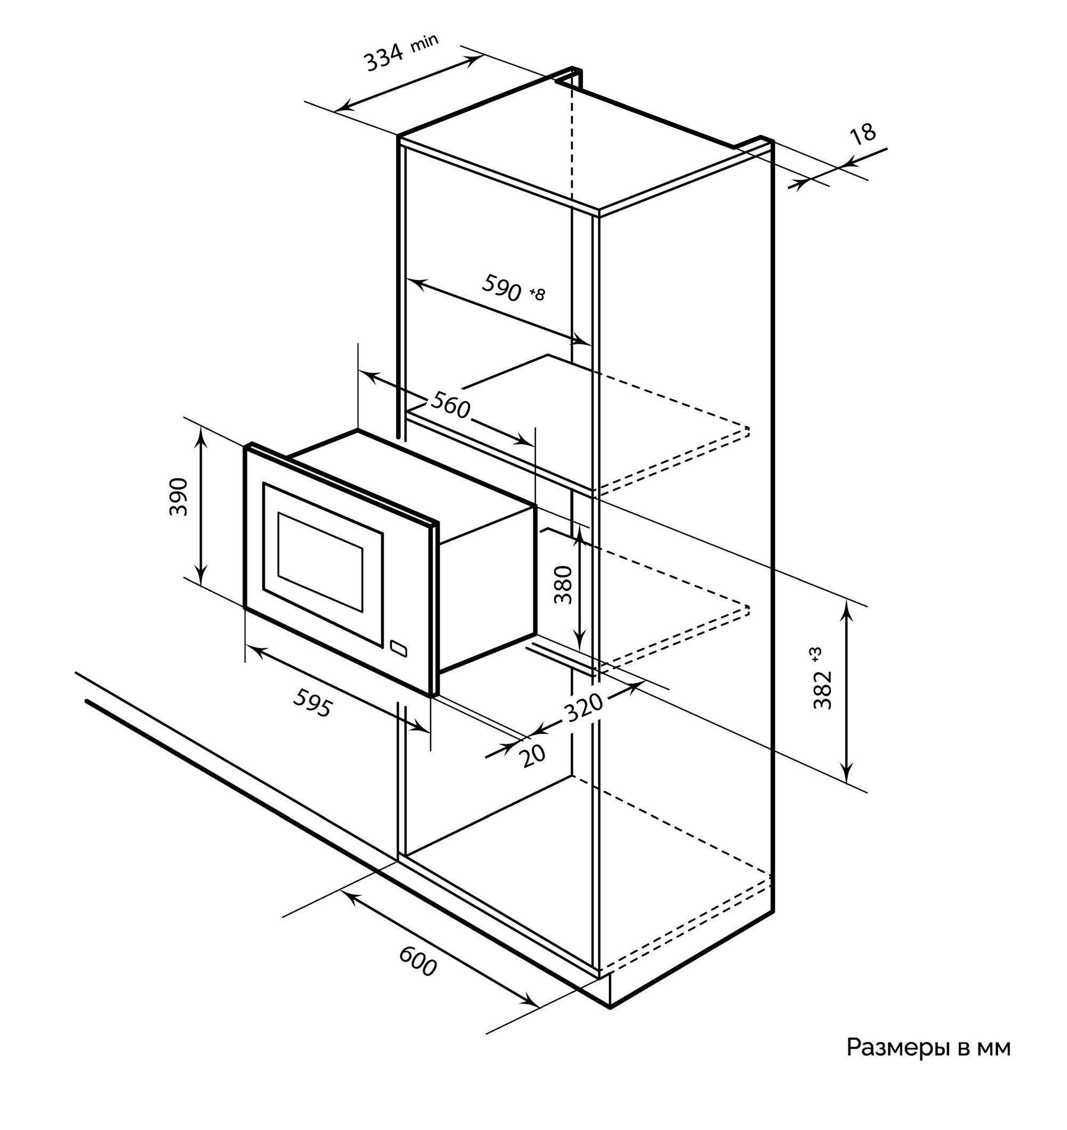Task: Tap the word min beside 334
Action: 424,43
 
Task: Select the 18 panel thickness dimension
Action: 863,134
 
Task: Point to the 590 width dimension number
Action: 501,288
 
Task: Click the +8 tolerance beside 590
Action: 537,294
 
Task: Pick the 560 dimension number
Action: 450,405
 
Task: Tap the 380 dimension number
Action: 563,584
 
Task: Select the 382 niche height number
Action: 822,690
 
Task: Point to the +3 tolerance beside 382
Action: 818,654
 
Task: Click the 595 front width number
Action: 312,703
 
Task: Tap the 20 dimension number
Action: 533,756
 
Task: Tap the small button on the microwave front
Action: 399,648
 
